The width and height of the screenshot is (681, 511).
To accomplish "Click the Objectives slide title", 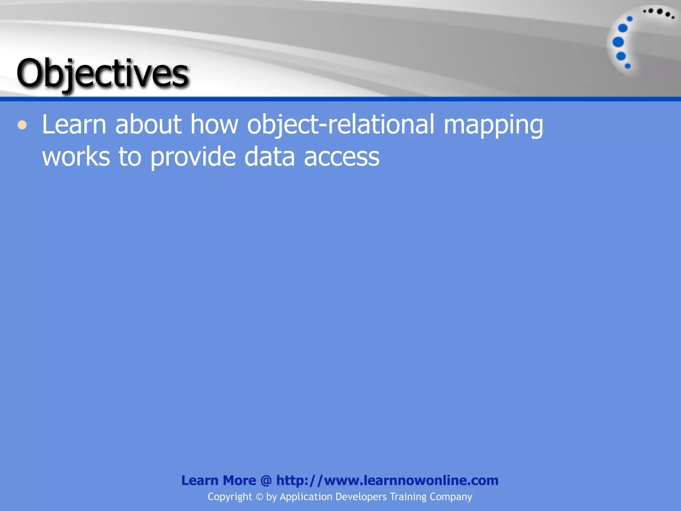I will coord(102,73).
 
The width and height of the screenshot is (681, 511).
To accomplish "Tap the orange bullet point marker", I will coord(22,125).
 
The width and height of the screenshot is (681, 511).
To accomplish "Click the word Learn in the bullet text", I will coord(74,124).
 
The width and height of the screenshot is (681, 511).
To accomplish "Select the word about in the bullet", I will coord(148,124).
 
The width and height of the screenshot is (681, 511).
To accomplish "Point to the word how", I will coord(214,124).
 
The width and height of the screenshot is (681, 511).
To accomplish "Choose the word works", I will coord(76,157).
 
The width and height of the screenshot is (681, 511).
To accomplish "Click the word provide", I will coord(193,157).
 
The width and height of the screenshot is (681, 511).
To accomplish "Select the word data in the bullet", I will coord(270,157).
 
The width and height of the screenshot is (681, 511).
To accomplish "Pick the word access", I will coord(341,157).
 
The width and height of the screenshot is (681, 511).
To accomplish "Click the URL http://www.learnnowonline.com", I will coord(387,480).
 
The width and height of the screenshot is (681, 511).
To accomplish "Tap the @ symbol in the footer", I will coord(266,481).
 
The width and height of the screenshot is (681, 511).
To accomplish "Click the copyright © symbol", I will coord(259,497).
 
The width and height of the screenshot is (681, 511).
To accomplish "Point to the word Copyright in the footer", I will coord(230,497).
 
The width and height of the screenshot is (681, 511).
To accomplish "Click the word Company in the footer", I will coord(451,497).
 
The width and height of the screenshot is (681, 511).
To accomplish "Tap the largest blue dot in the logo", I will coord(618,42).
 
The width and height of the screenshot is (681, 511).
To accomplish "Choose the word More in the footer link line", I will coord(239,480).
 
